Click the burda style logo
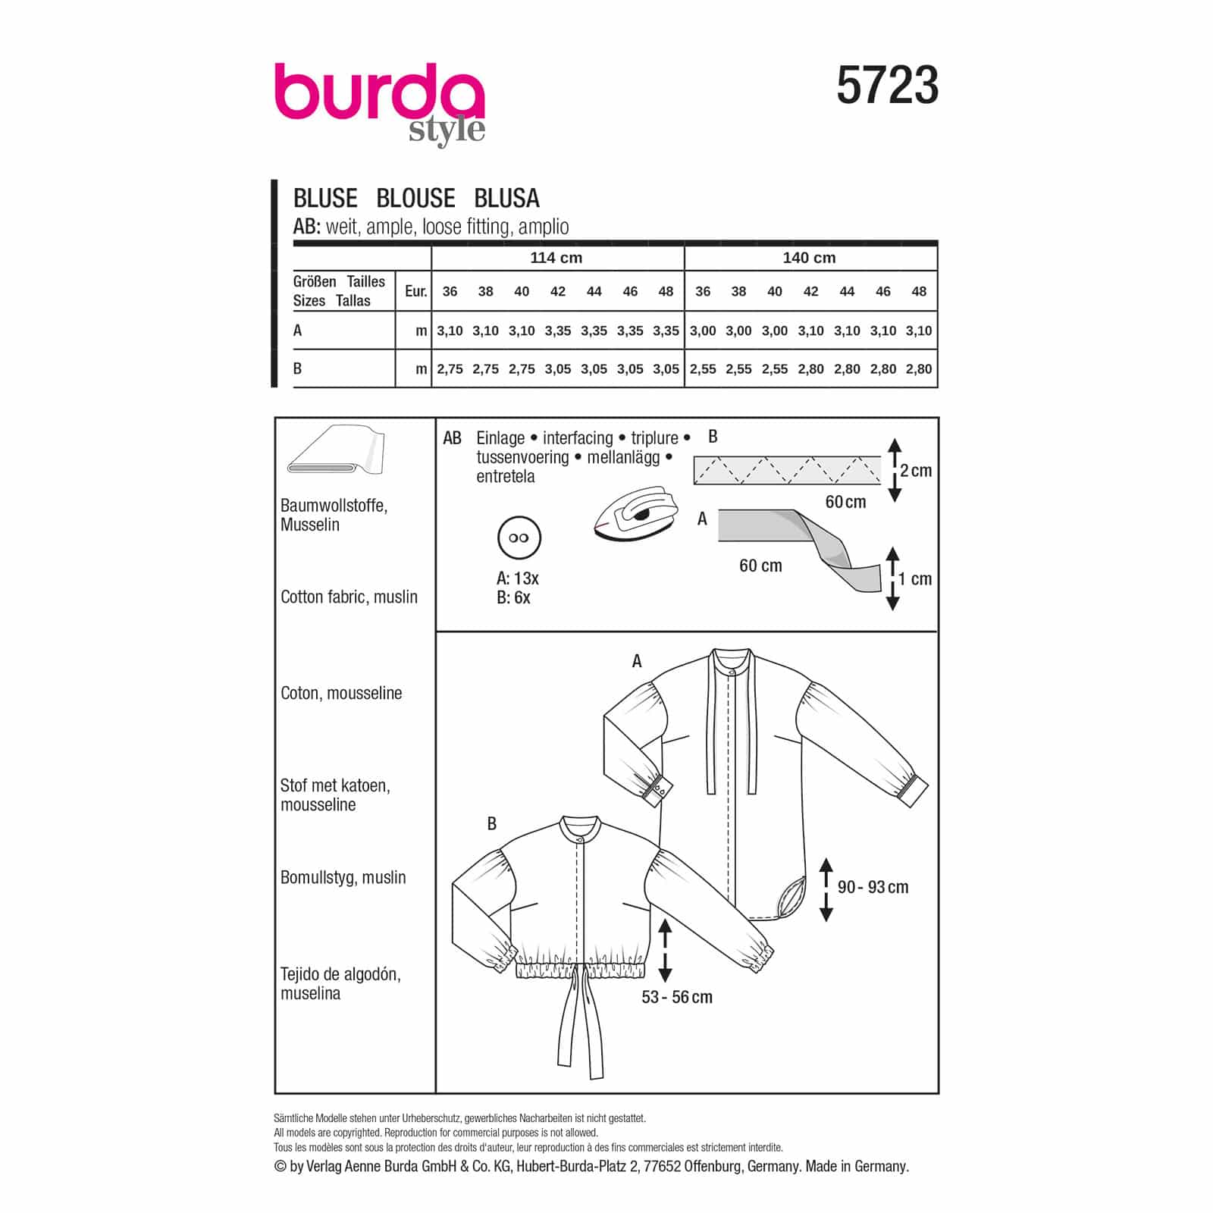379,103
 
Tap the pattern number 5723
887,85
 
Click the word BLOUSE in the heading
415,198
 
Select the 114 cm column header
556,258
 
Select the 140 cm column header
809,258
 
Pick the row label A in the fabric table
297,331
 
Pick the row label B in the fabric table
297,368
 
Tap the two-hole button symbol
519,538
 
